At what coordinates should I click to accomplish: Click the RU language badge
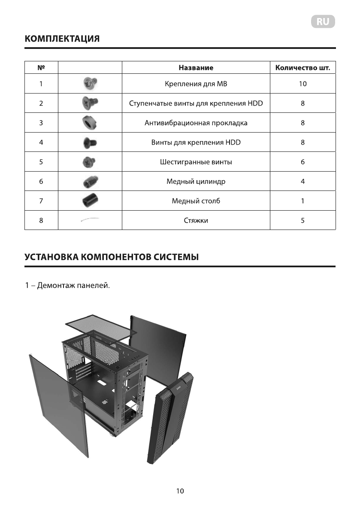click(x=323, y=22)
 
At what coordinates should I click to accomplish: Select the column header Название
click(x=196, y=68)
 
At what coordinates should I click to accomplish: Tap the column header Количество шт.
click(x=303, y=68)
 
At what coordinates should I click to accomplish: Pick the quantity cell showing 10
click(x=303, y=84)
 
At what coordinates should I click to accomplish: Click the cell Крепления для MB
click(x=196, y=84)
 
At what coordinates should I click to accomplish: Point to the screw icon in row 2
click(x=90, y=103)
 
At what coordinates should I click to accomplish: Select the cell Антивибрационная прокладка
click(x=196, y=123)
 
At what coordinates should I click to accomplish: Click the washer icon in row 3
click(x=90, y=123)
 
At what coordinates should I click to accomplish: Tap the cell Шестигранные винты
click(x=196, y=162)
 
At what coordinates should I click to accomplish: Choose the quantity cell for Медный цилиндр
click(x=303, y=181)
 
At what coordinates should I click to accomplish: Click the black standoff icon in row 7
click(x=90, y=201)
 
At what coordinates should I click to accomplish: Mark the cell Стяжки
click(x=196, y=221)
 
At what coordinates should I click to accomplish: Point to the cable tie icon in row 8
click(x=90, y=220)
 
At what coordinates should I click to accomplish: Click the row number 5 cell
click(x=41, y=162)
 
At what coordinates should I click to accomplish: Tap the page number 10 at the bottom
click(x=180, y=491)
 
